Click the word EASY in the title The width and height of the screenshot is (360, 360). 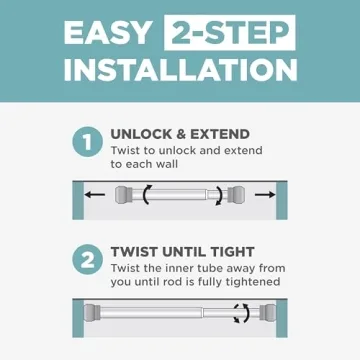coord(106,32)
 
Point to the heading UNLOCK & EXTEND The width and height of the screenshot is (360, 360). coord(180,134)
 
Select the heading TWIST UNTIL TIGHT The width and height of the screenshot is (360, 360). coord(182,251)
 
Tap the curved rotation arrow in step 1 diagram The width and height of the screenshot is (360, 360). coord(148,195)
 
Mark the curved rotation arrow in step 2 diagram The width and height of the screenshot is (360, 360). coord(240,314)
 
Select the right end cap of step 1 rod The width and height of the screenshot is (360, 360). coord(236,195)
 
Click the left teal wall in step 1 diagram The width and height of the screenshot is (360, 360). coord(77,200)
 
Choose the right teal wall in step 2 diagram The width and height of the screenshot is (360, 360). coord(282,318)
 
